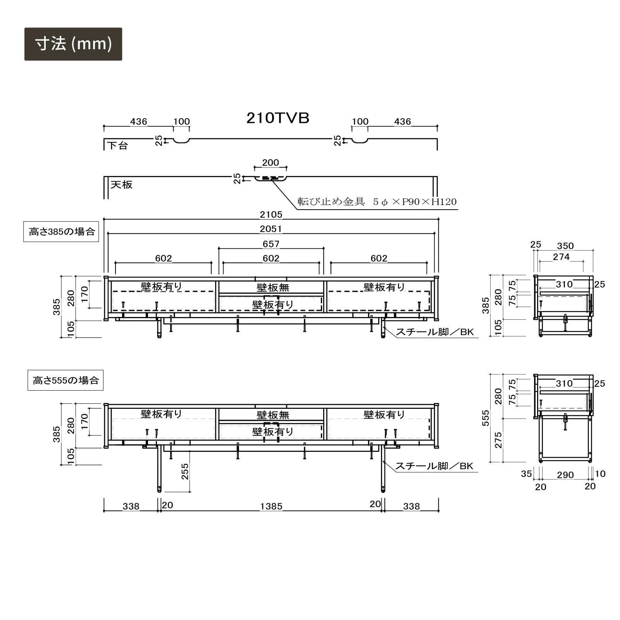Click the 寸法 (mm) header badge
[x=73, y=44]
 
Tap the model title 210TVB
[x=278, y=118]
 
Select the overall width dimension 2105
[x=271, y=215]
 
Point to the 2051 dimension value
[x=271, y=229]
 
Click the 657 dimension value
[x=271, y=244]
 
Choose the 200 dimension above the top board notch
[x=270, y=163]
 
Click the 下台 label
[x=117, y=146]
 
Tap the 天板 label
[x=122, y=184]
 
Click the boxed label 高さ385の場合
[x=62, y=232]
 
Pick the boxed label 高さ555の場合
[x=65, y=380]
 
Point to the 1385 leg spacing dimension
[x=271, y=506]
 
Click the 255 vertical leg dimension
[x=185, y=471]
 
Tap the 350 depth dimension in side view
[x=565, y=246]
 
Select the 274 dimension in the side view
[x=561, y=257]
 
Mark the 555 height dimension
[x=486, y=418]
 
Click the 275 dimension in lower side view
[x=498, y=440]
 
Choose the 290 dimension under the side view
[x=565, y=475]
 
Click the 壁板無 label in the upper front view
[x=273, y=288]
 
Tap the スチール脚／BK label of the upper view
[x=434, y=332]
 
